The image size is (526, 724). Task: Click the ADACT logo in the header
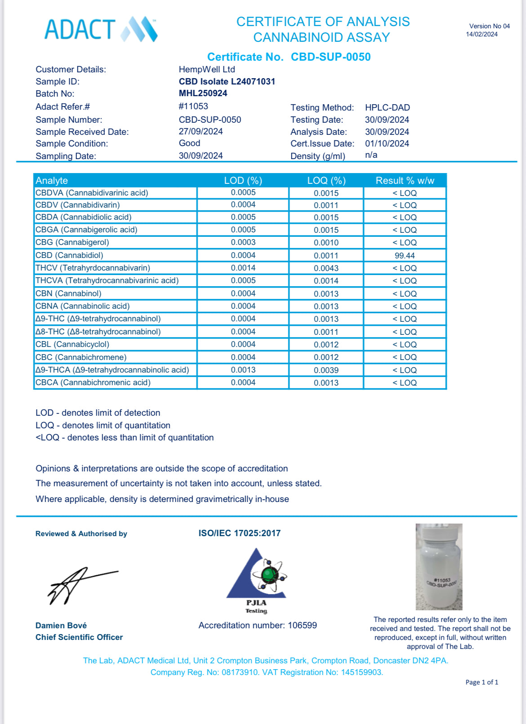click(x=101, y=30)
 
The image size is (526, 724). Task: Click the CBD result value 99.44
click(x=405, y=255)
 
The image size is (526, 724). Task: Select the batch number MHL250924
click(x=203, y=93)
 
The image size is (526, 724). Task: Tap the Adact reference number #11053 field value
click(x=193, y=107)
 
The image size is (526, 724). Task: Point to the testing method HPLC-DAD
click(x=387, y=108)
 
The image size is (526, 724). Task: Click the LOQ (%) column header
click(x=326, y=181)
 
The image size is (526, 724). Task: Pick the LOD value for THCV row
click(x=243, y=268)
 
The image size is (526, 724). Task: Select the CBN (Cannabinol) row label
click(x=68, y=293)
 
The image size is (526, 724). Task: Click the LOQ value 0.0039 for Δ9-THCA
click(x=326, y=370)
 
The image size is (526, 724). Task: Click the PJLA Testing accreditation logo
click(x=257, y=580)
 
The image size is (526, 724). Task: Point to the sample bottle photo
click(x=439, y=567)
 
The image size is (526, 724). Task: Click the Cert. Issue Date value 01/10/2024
click(x=387, y=144)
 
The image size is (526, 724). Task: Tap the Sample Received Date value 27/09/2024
click(x=201, y=132)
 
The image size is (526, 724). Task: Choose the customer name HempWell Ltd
click(x=207, y=70)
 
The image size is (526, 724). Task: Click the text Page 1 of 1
click(x=481, y=682)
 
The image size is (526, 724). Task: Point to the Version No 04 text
click(x=489, y=26)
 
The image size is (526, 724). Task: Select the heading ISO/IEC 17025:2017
click(x=240, y=533)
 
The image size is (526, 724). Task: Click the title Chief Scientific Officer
click(x=79, y=637)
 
